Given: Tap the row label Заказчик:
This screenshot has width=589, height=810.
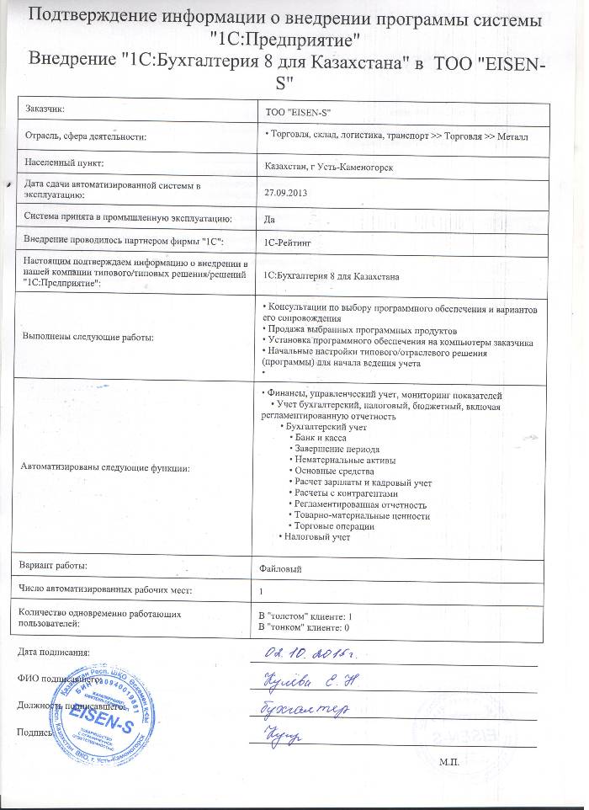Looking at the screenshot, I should pos(45,109).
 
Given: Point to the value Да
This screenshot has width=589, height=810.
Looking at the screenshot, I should pos(270,218).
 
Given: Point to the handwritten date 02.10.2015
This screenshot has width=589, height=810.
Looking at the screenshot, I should pos(308,654).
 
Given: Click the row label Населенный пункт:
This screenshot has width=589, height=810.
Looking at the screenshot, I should pos(63,162).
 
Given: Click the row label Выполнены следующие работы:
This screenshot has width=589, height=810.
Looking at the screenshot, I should pos(89,337).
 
